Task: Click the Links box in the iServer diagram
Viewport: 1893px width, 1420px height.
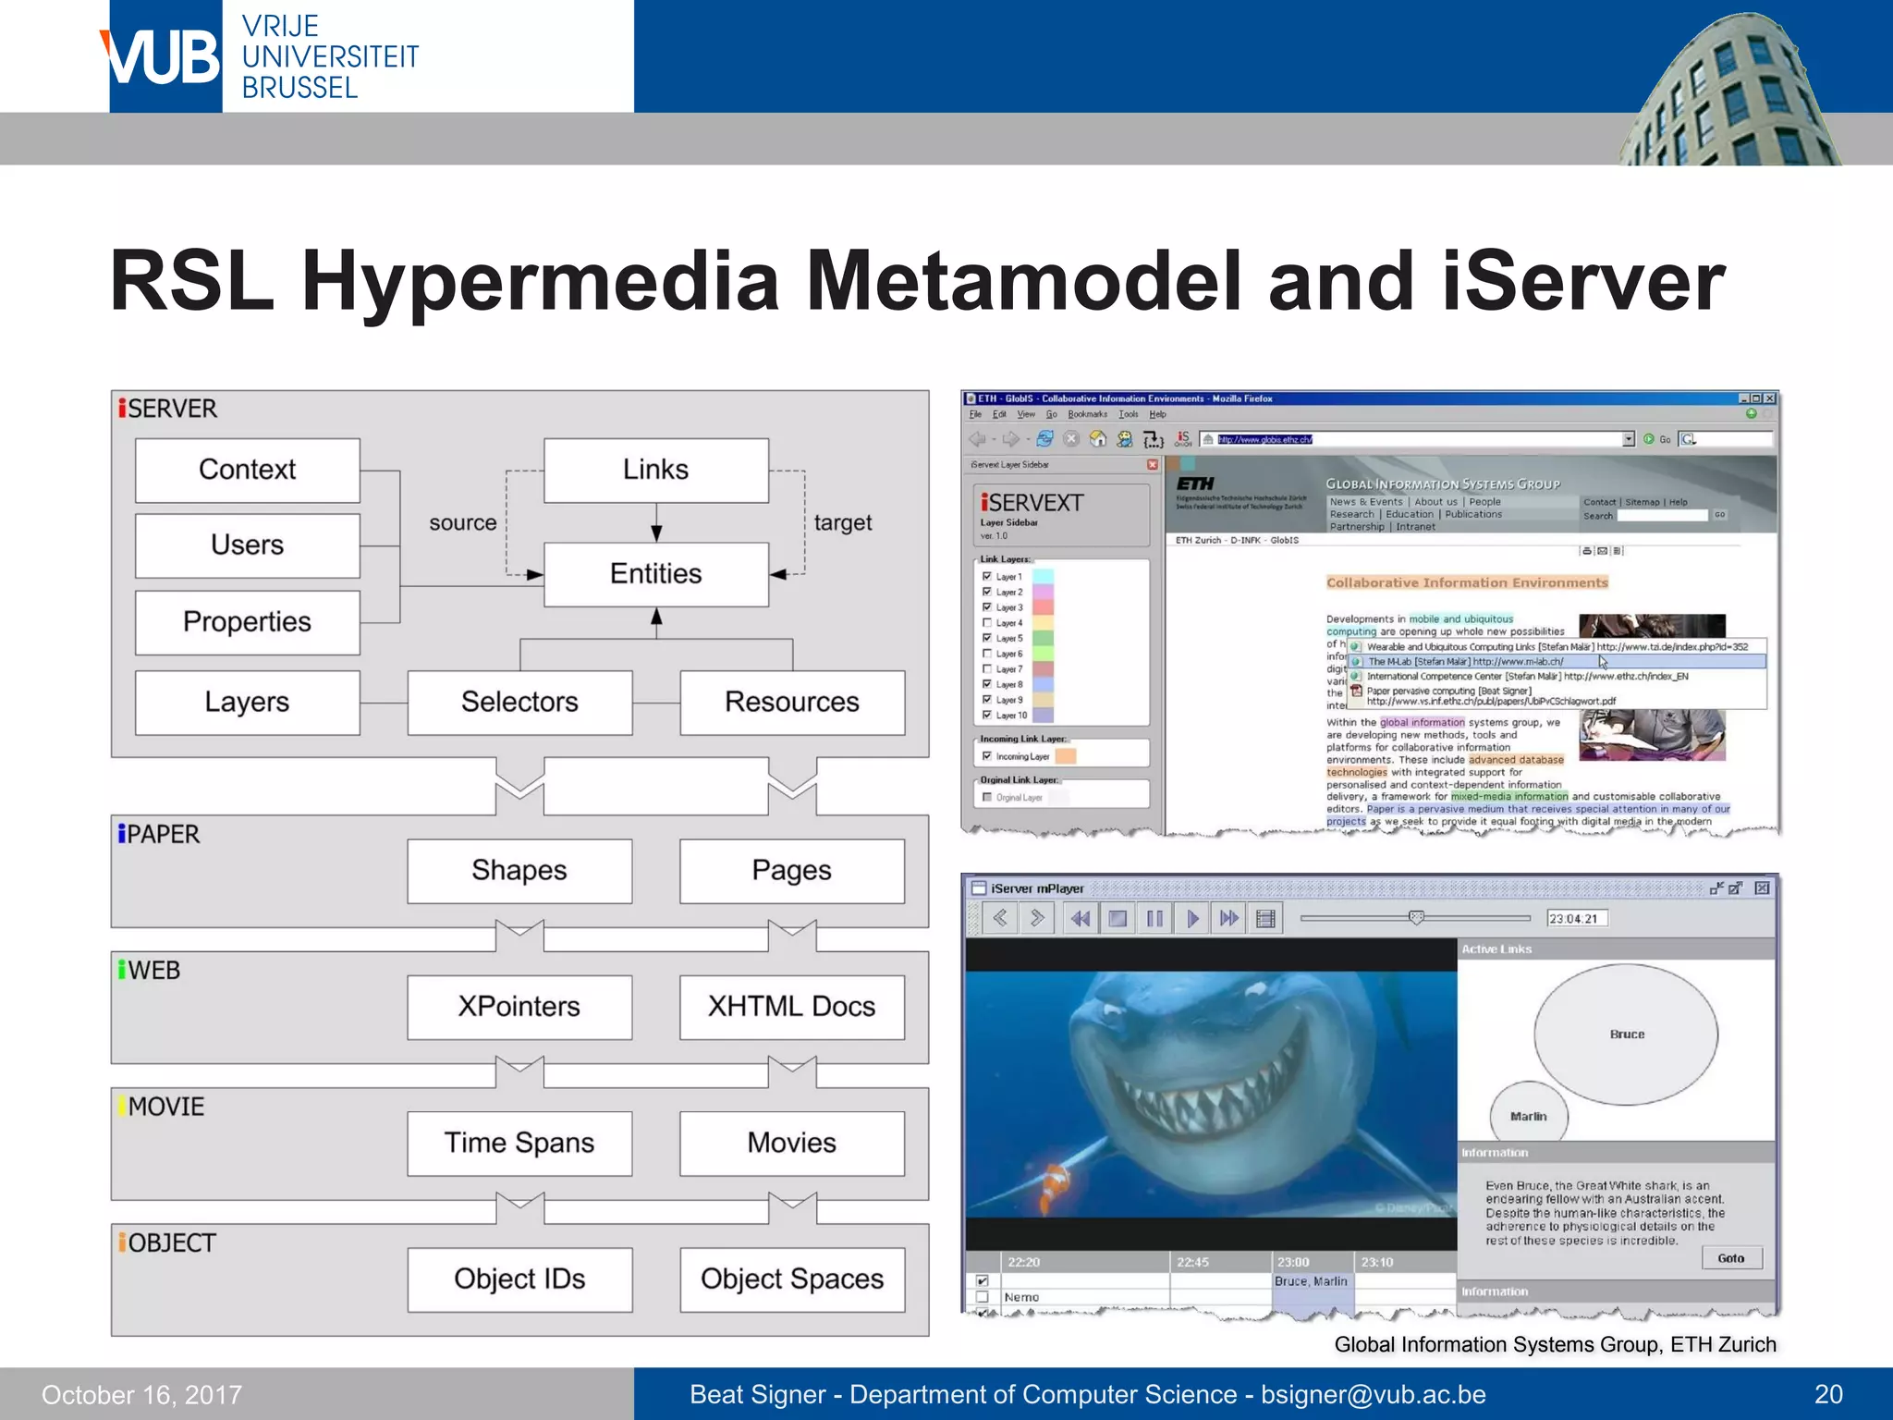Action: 655,470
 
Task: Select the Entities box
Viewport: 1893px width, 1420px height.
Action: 655,574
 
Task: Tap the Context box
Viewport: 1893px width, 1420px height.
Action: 247,470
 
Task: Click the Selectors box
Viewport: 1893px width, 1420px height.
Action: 519,702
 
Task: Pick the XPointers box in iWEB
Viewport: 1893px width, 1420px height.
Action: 519,1006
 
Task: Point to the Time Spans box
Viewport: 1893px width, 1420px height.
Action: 519,1143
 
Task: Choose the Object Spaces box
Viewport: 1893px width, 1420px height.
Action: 792,1279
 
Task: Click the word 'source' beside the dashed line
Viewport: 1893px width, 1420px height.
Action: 462,523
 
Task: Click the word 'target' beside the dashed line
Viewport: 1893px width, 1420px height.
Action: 842,523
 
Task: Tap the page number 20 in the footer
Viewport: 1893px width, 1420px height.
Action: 1827,1394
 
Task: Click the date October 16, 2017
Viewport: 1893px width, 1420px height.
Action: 141,1394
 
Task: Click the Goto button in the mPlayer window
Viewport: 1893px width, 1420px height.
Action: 1730,1258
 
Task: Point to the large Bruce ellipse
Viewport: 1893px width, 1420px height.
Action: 1626,1034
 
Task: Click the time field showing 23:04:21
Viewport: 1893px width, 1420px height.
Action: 1577,918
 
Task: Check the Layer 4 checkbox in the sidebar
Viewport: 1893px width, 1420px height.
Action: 987,623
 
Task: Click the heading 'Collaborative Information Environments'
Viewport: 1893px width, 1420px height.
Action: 1467,582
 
